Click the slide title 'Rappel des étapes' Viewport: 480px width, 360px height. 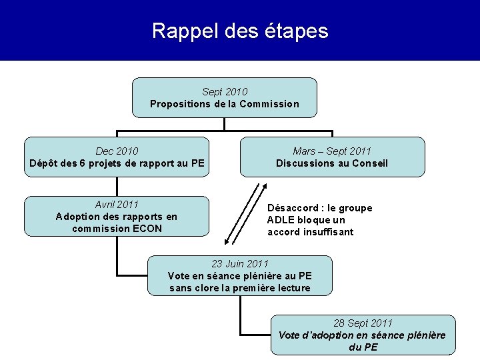click(x=240, y=31)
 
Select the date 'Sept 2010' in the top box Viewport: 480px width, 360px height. click(x=225, y=91)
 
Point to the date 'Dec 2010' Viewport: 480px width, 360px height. click(x=117, y=151)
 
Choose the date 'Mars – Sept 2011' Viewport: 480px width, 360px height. click(x=332, y=151)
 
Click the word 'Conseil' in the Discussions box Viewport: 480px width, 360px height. click(x=369, y=164)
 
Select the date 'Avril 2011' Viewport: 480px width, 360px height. click(x=117, y=204)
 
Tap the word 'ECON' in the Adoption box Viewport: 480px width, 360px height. click(x=146, y=229)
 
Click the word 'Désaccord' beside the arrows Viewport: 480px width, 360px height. click(x=291, y=208)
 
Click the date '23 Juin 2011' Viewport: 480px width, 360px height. click(x=240, y=264)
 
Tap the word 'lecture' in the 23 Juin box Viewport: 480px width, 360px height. click(x=293, y=288)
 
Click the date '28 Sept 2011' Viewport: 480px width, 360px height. click(x=363, y=323)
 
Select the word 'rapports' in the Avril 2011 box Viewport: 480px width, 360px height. click(x=145, y=217)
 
